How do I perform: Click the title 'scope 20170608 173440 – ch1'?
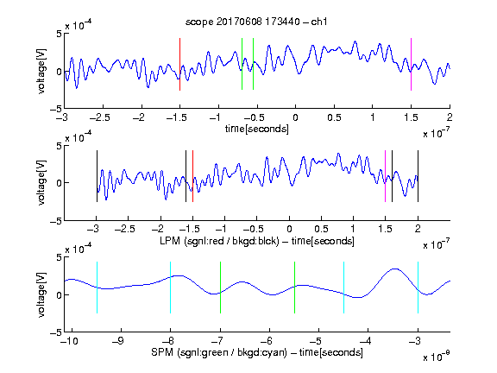click(256, 22)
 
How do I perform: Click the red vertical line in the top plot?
click(179, 65)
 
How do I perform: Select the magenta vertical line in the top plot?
click(411, 65)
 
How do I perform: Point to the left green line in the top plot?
click(242, 64)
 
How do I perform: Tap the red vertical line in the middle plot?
click(192, 176)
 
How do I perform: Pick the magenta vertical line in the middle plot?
click(385, 176)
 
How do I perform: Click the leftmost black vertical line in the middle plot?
click(97, 176)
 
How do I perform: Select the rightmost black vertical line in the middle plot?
click(418, 176)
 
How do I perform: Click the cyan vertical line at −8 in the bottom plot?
click(171, 288)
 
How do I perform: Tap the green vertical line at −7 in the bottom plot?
click(220, 288)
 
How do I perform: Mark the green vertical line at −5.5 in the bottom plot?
click(294, 288)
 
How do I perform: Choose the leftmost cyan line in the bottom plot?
click(97, 288)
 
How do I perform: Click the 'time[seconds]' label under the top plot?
click(257, 129)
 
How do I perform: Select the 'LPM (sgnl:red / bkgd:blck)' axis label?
click(219, 241)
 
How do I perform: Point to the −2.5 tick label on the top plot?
click(100, 117)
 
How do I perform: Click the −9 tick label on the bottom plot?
click(118, 341)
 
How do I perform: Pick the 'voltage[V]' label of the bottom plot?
click(41, 294)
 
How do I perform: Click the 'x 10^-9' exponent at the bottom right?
click(437, 357)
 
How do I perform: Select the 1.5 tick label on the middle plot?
click(385, 229)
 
